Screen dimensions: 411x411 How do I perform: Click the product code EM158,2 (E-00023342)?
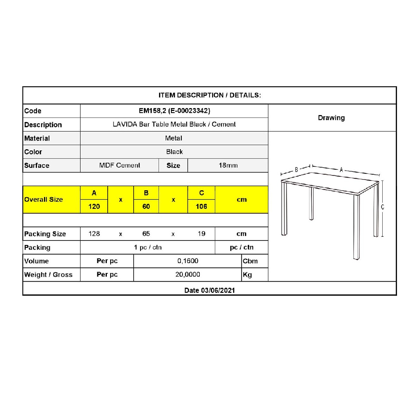coord(174,111)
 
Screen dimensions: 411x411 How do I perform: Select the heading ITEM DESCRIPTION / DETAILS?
coord(210,95)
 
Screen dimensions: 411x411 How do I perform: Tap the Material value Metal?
coord(174,138)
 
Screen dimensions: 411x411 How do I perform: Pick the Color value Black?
coord(174,152)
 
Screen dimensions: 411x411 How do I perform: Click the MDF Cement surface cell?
coord(120,165)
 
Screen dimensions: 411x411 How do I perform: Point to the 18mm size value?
coord(228,165)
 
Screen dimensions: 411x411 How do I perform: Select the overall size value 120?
coord(94,206)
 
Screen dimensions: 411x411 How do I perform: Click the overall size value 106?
coord(201,206)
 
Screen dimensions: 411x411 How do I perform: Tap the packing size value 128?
coord(94,233)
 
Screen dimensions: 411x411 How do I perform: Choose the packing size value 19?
coord(201,233)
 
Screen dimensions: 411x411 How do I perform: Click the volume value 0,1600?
coord(188,261)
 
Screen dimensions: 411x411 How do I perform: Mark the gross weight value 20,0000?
coord(188,275)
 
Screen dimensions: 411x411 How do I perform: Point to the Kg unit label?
coord(247,275)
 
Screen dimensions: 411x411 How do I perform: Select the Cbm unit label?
coord(250,261)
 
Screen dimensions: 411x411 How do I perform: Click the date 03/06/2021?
coord(210,290)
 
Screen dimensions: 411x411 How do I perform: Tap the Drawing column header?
coord(331,118)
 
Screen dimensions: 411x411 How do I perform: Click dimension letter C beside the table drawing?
coord(383,207)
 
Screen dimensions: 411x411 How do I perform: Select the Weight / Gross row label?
coord(48,275)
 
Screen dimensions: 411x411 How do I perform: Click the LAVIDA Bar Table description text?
coord(174,124)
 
